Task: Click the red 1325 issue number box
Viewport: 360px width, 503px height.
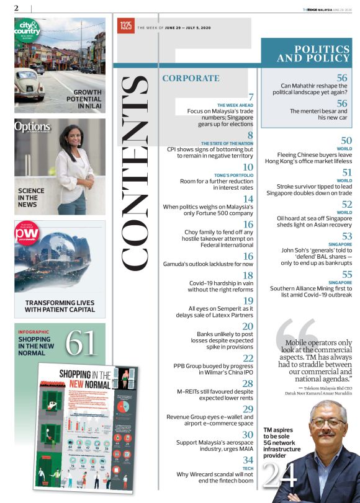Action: tap(126, 27)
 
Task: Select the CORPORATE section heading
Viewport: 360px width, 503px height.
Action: tap(191, 78)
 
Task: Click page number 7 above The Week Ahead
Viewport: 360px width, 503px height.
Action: tap(251, 97)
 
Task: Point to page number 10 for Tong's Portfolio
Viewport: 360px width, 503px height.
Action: tap(248, 167)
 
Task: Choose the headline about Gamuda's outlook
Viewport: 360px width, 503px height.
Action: tap(208, 264)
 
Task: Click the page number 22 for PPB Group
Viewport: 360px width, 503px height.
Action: tap(248, 358)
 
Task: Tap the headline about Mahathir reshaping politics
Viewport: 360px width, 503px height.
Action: tap(313, 89)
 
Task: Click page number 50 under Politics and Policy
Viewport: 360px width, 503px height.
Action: tap(346, 141)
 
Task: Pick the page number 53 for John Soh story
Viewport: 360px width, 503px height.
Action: tap(346, 236)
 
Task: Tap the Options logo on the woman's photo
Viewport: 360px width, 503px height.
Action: tap(32, 128)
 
